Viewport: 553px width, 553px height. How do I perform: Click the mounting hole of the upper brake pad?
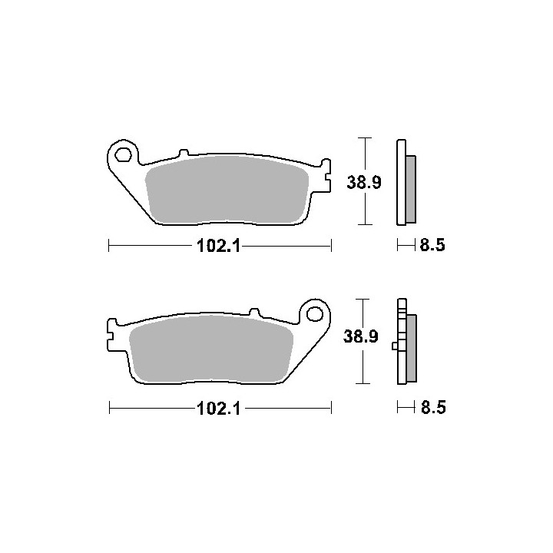[x=124, y=154]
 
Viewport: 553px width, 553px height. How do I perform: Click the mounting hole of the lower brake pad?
[x=315, y=313]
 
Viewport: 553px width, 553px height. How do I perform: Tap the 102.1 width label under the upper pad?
[x=219, y=246]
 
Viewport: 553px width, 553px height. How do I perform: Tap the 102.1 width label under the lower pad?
[x=219, y=409]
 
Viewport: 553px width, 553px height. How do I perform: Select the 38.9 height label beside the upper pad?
[x=363, y=182]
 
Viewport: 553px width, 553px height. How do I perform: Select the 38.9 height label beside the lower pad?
[x=360, y=336]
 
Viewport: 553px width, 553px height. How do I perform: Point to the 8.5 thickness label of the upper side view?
[x=432, y=245]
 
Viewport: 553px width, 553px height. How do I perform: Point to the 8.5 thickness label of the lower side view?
[x=433, y=407]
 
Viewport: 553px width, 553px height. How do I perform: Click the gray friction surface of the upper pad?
[x=227, y=190]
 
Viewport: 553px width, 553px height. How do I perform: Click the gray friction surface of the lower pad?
[x=211, y=349]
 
